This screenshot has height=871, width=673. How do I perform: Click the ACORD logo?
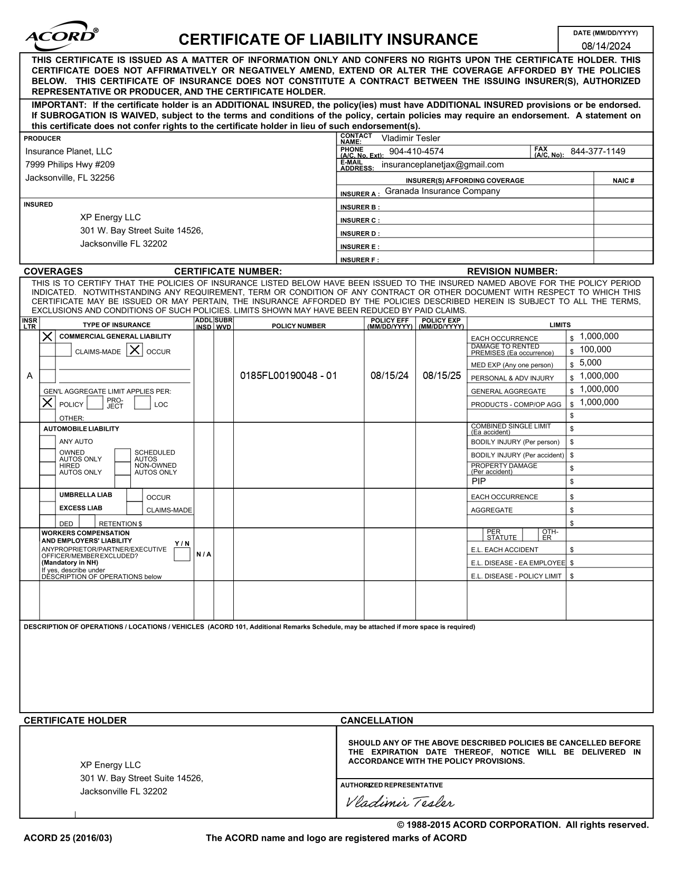(61, 35)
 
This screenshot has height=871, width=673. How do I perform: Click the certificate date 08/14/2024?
(605, 46)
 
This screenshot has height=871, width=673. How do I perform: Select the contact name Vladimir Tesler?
(410, 138)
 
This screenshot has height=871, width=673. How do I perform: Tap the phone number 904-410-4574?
(416, 152)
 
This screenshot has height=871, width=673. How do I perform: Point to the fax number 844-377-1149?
(598, 152)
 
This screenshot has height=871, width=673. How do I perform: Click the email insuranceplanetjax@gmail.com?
(442, 165)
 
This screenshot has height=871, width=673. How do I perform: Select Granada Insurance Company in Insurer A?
(442, 191)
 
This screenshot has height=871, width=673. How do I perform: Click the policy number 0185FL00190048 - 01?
(288, 376)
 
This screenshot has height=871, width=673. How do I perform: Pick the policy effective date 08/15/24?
(389, 376)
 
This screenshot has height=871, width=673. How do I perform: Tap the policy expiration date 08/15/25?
(441, 376)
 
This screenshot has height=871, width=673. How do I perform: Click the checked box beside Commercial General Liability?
(48, 336)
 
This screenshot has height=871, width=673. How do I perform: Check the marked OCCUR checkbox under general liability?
(135, 350)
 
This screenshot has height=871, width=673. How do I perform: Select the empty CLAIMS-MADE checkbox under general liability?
(63, 350)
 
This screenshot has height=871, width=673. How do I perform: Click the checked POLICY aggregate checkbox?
(48, 403)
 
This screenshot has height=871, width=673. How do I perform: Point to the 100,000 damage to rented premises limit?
(595, 349)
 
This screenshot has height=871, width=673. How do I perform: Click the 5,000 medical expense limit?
(590, 363)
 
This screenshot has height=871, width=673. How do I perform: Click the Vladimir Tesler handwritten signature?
(399, 802)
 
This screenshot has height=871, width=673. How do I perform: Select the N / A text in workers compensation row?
(203, 554)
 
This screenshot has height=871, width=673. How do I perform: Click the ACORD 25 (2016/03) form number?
(68, 838)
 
